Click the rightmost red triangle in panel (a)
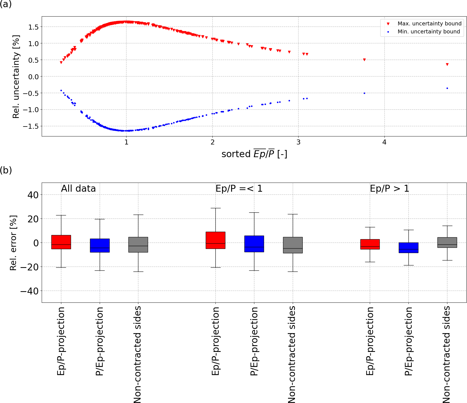447,65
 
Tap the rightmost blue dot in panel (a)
447,88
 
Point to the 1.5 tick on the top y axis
33,27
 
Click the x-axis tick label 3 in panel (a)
298,142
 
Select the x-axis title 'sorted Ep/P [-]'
254,154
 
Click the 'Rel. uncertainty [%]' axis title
16,77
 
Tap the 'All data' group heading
78,189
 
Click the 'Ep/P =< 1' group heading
239,189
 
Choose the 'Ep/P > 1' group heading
389,189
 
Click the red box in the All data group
61,242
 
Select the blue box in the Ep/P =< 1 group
254,244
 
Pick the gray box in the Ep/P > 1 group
447,243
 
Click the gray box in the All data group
138,245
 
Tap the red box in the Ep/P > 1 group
370,244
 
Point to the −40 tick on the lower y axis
29,291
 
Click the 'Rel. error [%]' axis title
13,243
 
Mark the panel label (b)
6,170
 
